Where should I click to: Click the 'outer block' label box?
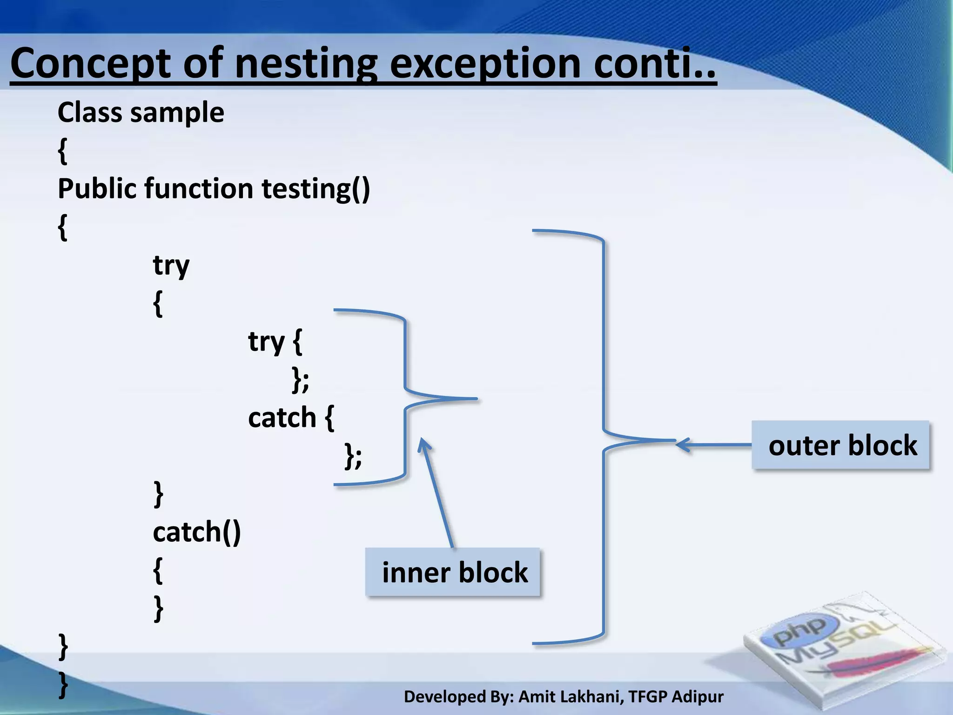pyautogui.click(x=840, y=445)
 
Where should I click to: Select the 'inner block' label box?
pyautogui.click(x=453, y=572)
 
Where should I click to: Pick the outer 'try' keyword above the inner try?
pyautogui.click(x=171, y=265)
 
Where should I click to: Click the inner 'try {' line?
pyautogui.click(x=275, y=342)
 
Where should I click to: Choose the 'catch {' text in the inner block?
pyautogui.click(x=290, y=418)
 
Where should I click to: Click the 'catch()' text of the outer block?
pyautogui.click(x=196, y=532)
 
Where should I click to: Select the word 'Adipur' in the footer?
pyautogui.click(x=698, y=697)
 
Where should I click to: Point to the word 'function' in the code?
pyautogui.click(x=198, y=189)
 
